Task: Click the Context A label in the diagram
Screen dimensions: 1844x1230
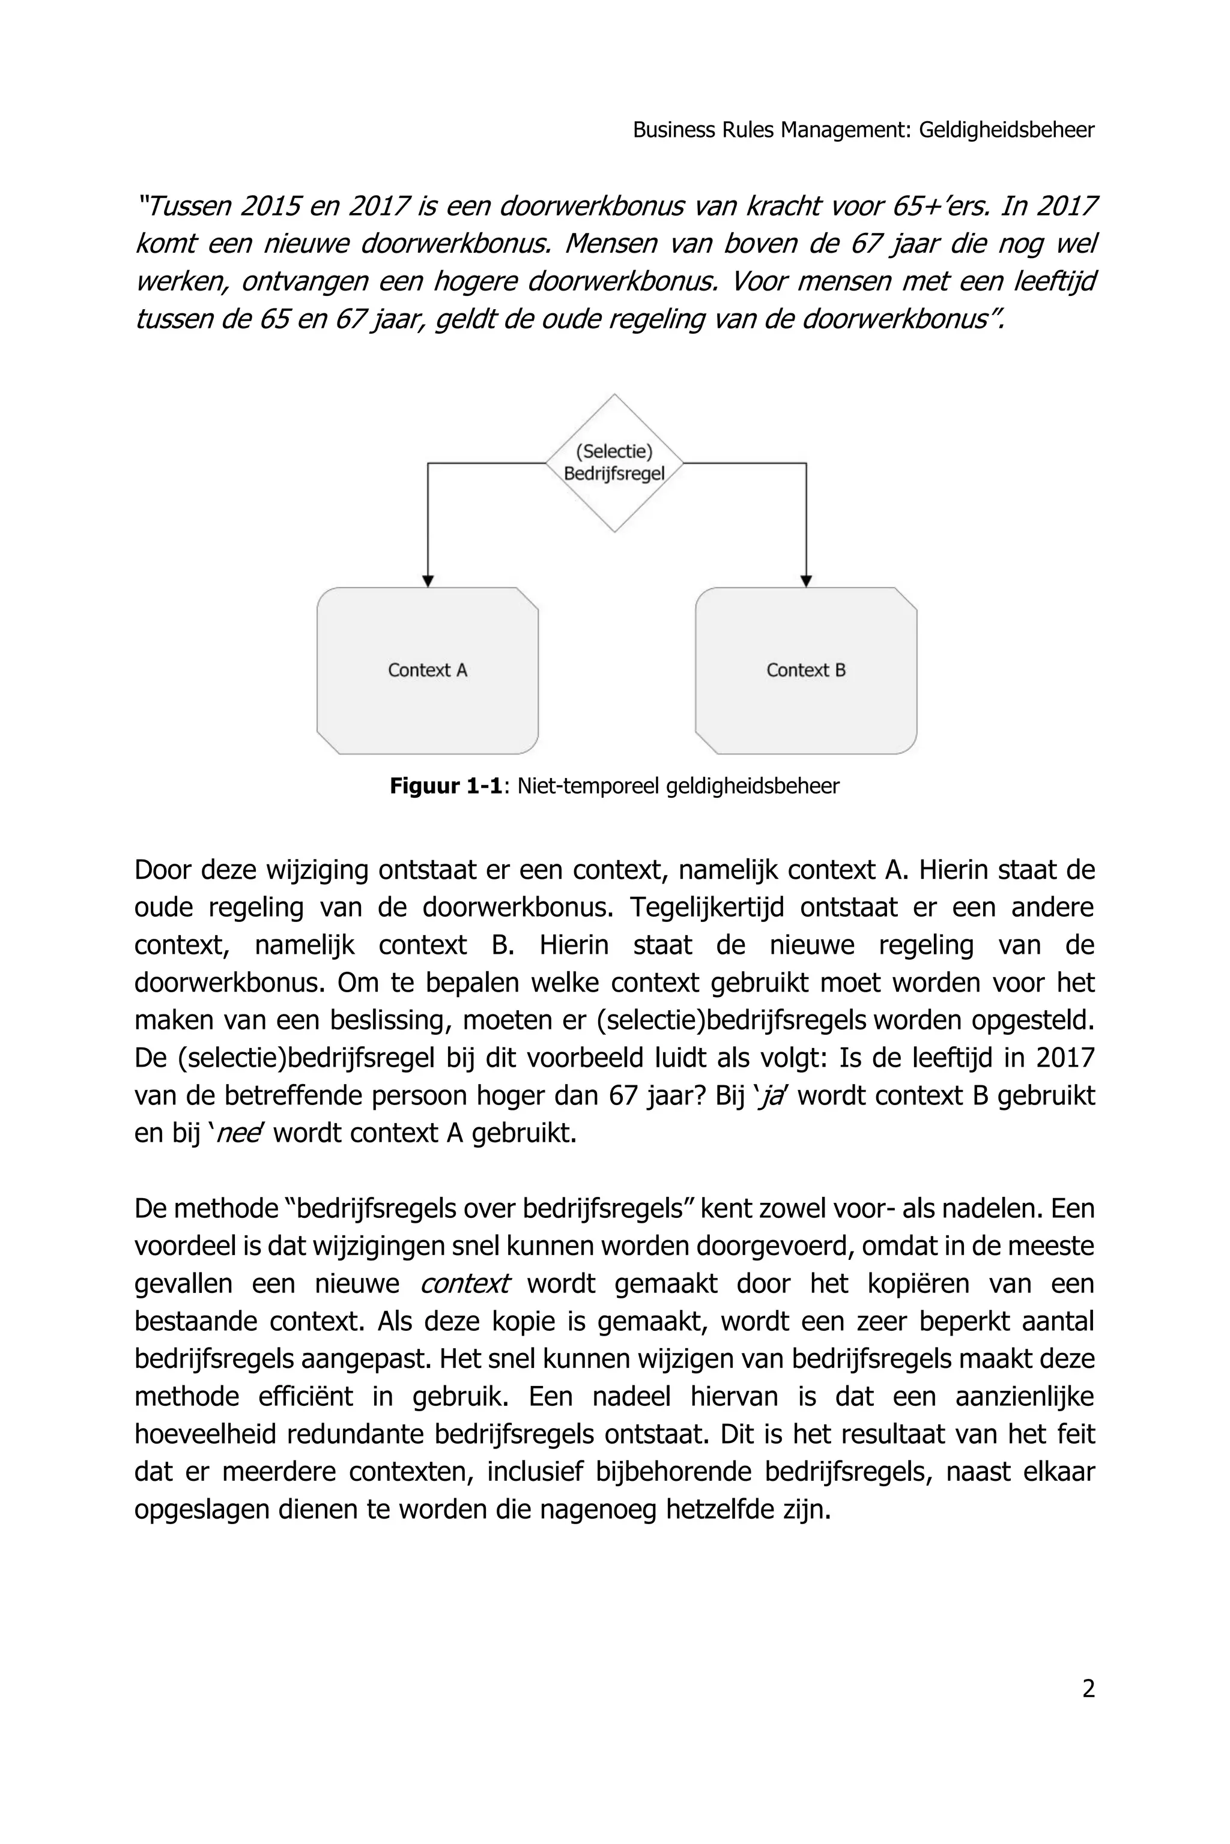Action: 428,670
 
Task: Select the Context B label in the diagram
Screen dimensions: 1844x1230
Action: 805,670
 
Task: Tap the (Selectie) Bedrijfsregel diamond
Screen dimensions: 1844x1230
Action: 614,463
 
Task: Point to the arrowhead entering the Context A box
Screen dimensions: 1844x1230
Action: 428,581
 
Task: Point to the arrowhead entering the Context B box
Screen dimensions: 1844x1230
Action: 805,581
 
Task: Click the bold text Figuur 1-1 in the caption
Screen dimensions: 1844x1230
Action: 445,786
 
